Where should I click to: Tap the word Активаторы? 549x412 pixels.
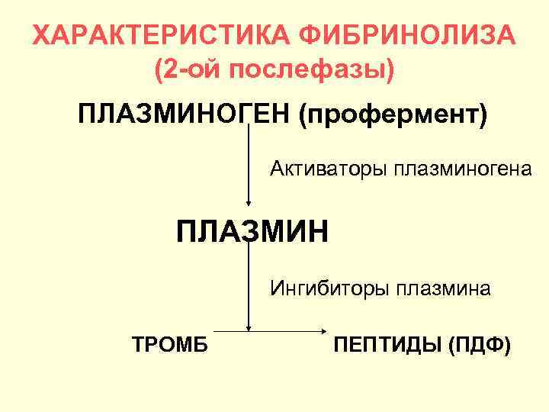329,167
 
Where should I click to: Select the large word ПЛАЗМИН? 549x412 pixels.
252,230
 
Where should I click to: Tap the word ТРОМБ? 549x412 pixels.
170,343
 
